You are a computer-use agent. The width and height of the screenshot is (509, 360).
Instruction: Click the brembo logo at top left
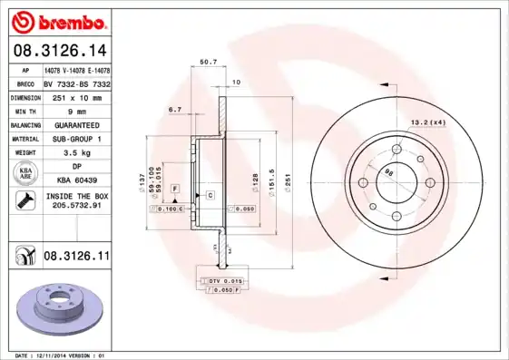click(55, 20)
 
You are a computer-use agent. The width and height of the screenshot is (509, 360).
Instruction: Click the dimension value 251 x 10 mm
click(76, 95)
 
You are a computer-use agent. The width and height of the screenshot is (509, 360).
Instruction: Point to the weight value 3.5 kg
click(76, 153)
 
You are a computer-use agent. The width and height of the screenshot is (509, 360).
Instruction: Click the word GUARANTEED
click(76, 124)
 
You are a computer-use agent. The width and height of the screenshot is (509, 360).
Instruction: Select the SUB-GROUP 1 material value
click(76, 139)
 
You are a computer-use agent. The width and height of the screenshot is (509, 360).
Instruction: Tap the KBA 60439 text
click(76, 181)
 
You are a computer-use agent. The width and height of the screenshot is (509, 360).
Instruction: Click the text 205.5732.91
click(76, 207)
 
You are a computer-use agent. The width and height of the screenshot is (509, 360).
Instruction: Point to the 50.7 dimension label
click(207, 63)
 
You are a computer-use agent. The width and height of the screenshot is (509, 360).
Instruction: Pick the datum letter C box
click(210, 195)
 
